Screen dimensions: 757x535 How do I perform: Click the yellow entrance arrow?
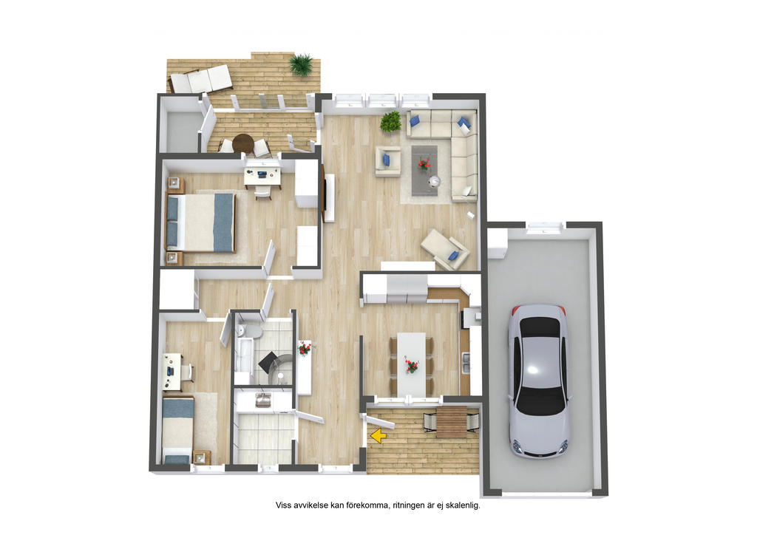pos(378,436)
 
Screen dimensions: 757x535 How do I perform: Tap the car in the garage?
pos(539,381)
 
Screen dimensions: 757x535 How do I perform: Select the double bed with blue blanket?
pos(201,222)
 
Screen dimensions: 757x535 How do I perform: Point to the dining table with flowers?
pos(411,365)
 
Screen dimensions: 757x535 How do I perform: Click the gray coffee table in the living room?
pos(425,170)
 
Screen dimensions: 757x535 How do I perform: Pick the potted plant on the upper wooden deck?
pos(302,64)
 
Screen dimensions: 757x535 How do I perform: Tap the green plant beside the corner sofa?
pos(390,122)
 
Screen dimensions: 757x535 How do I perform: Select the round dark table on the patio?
pos(242,143)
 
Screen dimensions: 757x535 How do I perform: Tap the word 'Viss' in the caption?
pos(283,505)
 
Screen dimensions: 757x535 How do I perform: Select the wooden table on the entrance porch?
pos(452,422)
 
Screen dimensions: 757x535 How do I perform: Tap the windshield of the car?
pos(540,401)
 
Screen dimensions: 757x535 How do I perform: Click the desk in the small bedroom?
pos(172,372)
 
